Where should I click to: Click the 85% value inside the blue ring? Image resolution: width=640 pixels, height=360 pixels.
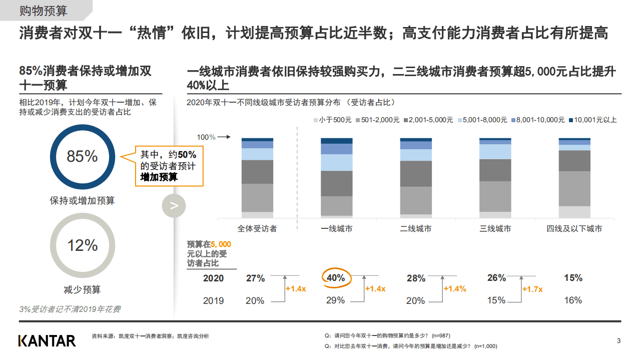click(82, 156)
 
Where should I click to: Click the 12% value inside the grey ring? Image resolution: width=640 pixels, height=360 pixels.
click(82, 245)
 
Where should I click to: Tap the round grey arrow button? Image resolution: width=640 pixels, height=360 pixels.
click(174, 206)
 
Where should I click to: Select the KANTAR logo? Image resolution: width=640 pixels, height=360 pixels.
click(47, 341)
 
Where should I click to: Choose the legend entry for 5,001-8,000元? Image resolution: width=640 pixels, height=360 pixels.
click(481, 120)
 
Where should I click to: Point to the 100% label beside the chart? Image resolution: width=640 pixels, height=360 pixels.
click(205, 137)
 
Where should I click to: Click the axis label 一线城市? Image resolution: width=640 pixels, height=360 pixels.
click(336, 229)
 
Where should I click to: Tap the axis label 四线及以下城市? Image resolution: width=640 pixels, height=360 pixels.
click(574, 229)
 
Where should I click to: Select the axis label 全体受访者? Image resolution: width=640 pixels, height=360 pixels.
click(257, 229)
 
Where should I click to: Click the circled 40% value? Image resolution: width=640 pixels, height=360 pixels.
click(335, 278)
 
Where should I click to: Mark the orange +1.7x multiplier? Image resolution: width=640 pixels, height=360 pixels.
click(532, 289)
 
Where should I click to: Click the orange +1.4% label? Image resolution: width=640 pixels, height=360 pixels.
click(454, 289)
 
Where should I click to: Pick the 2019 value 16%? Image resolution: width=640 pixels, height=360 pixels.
click(573, 300)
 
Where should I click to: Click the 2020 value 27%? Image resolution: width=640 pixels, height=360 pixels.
click(255, 278)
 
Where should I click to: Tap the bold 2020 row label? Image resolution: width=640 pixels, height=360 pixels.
click(213, 278)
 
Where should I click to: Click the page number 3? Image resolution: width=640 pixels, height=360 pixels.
click(618, 341)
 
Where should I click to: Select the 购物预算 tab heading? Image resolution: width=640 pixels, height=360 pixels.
click(43, 11)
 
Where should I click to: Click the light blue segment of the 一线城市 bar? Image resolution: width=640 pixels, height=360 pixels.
click(336, 162)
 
